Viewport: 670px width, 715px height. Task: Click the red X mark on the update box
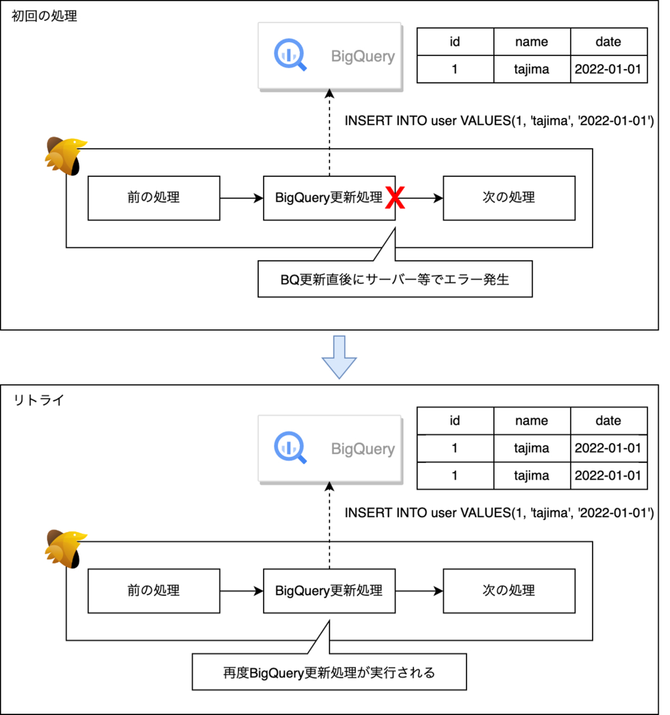click(x=395, y=197)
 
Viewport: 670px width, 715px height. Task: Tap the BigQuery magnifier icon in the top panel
click(x=290, y=54)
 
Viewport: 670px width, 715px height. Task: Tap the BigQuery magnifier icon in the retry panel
click(x=290, y=447)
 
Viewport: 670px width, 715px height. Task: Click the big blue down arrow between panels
click(x=339, y=357)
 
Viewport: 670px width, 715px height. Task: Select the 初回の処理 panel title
click(x=44, y=16)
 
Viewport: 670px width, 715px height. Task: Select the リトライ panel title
click(x=39, y=400)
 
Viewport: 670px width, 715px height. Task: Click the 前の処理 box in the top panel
click(x=154, y=197)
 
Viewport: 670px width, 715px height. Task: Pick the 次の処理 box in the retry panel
click(x=509, y=591)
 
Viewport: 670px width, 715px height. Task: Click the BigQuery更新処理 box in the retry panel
click(x=329, y=591)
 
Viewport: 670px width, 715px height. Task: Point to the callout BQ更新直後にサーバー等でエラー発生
click(x=395, y=279)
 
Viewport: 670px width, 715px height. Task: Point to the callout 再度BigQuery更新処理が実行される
click(x=329, y=672)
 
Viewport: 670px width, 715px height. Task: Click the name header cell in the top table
click(x=531, y=42)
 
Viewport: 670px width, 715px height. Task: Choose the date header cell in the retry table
click(x=608, y=421)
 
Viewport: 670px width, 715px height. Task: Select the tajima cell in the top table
click(x=531, y=69)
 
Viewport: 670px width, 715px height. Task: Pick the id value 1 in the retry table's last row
click(x=455, y=476)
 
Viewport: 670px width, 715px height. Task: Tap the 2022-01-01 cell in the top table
click(x=608, y=69)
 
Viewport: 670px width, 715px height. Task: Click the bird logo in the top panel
click(x=65, y=156)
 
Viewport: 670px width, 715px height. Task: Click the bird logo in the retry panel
click(x=65, y=548)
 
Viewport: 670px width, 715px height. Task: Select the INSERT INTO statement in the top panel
click(x=499, y=121)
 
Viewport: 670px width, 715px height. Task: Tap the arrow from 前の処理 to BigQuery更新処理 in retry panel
click(x=241, y=591)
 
